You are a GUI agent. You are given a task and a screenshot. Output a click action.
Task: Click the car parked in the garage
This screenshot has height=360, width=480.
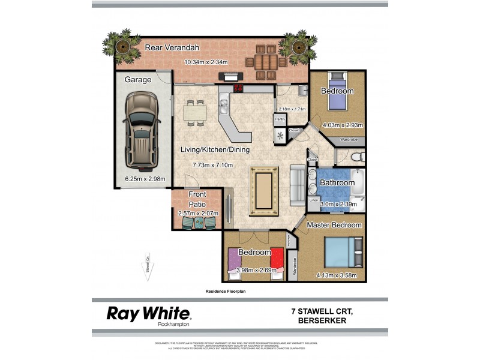point(140,128)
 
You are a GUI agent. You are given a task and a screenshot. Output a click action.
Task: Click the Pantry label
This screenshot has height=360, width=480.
point(280,119)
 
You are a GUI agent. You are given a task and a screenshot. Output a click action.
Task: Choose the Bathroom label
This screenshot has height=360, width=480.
point(337,182)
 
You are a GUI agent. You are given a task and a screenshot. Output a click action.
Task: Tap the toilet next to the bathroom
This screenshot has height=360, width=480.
point(356,158)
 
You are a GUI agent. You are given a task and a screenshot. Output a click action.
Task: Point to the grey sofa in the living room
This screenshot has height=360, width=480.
point(298,185)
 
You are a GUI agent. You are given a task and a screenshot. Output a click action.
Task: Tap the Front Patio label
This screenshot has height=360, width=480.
point(197,199)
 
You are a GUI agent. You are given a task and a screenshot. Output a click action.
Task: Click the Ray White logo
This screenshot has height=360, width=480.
point(149,314)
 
